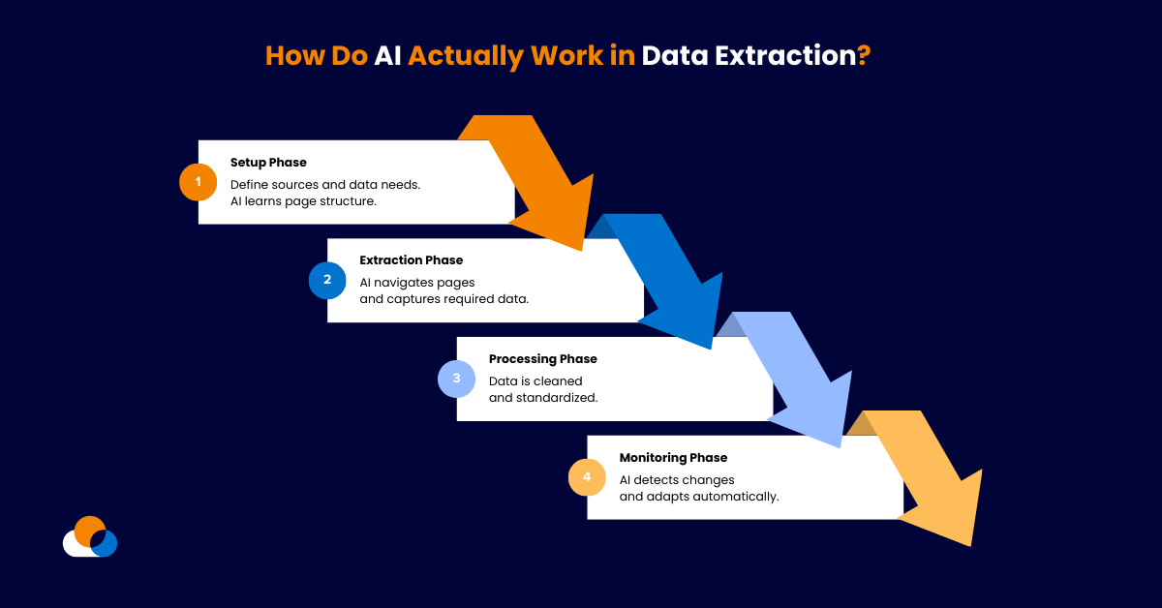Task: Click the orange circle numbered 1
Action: click(x=198, y=182)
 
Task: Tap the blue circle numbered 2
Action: click(x=327, y=280)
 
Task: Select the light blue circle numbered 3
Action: click(x=456, y=379)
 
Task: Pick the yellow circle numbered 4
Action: click(x=586, y=476)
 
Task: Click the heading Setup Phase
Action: click(x=268, y=163)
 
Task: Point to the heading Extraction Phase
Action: click(x=411, y=260)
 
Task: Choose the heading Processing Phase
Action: click(x=542, y=359)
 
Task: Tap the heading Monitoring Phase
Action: click(x=673, y=458)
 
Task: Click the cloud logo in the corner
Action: click(x=90, y=537)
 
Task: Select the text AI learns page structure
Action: click(x=302, y=201)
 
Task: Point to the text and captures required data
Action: click(x=443, y=299)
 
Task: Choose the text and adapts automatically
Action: click(x=698, y=497)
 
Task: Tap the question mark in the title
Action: click(x=864, y=55)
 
